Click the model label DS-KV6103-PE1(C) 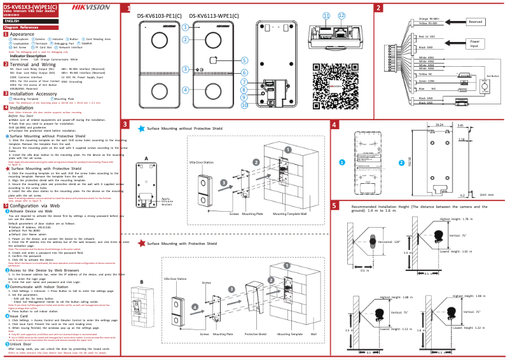[x=160, y=15]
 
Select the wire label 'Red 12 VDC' [x=426, y=38]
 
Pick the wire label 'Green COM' [x=427, y=81]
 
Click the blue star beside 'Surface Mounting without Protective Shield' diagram [x=142, y=128]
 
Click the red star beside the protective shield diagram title [x=142, y=243]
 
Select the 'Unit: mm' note [x=487, y=194]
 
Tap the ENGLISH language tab [x=12, y=22]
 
